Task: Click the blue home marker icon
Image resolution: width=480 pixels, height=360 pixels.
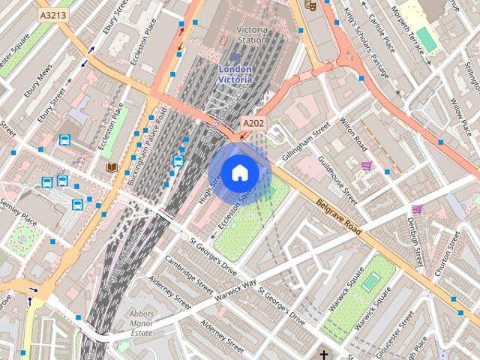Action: pos(238,172)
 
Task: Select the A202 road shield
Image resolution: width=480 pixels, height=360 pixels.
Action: pos(252,122)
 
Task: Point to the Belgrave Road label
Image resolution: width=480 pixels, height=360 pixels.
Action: pos(338,217)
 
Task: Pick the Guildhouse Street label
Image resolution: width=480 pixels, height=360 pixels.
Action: pos(337,179)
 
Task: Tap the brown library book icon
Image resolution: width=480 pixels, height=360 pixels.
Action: pos(112,167)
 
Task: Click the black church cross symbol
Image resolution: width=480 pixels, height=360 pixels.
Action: pos(324,354)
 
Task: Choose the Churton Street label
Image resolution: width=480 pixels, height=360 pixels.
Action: pos(453,254)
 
